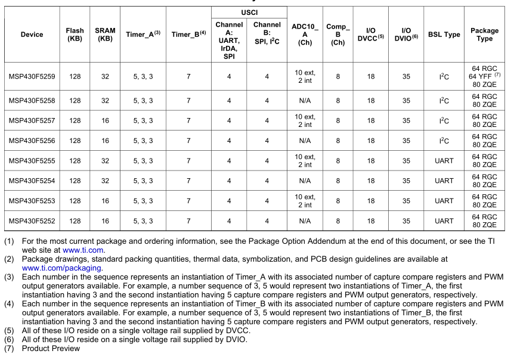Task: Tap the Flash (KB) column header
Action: click(x=75, y=35)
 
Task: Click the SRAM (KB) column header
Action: click(x=105, y=35)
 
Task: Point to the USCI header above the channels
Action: click(x=248, y=13)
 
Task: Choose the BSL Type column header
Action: click(x=444, y=35)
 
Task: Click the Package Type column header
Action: click(x=485, y=35)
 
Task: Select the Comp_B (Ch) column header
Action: click(x=337, y=35)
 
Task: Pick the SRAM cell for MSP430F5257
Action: click(x=105, y=120)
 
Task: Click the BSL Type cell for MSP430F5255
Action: click(x=444, y=161)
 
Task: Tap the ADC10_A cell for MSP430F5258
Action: click(x=305, y=101)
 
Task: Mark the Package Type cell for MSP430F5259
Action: click(x=485, y=76)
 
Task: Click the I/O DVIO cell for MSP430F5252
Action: click(x=406, y=221)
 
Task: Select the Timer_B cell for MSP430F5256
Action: click(x=188, y=141)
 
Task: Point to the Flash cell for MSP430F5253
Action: click(x=75, y=201)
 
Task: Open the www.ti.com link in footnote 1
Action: click(x=83, y=250)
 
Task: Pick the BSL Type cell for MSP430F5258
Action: click(x=444, y=101)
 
